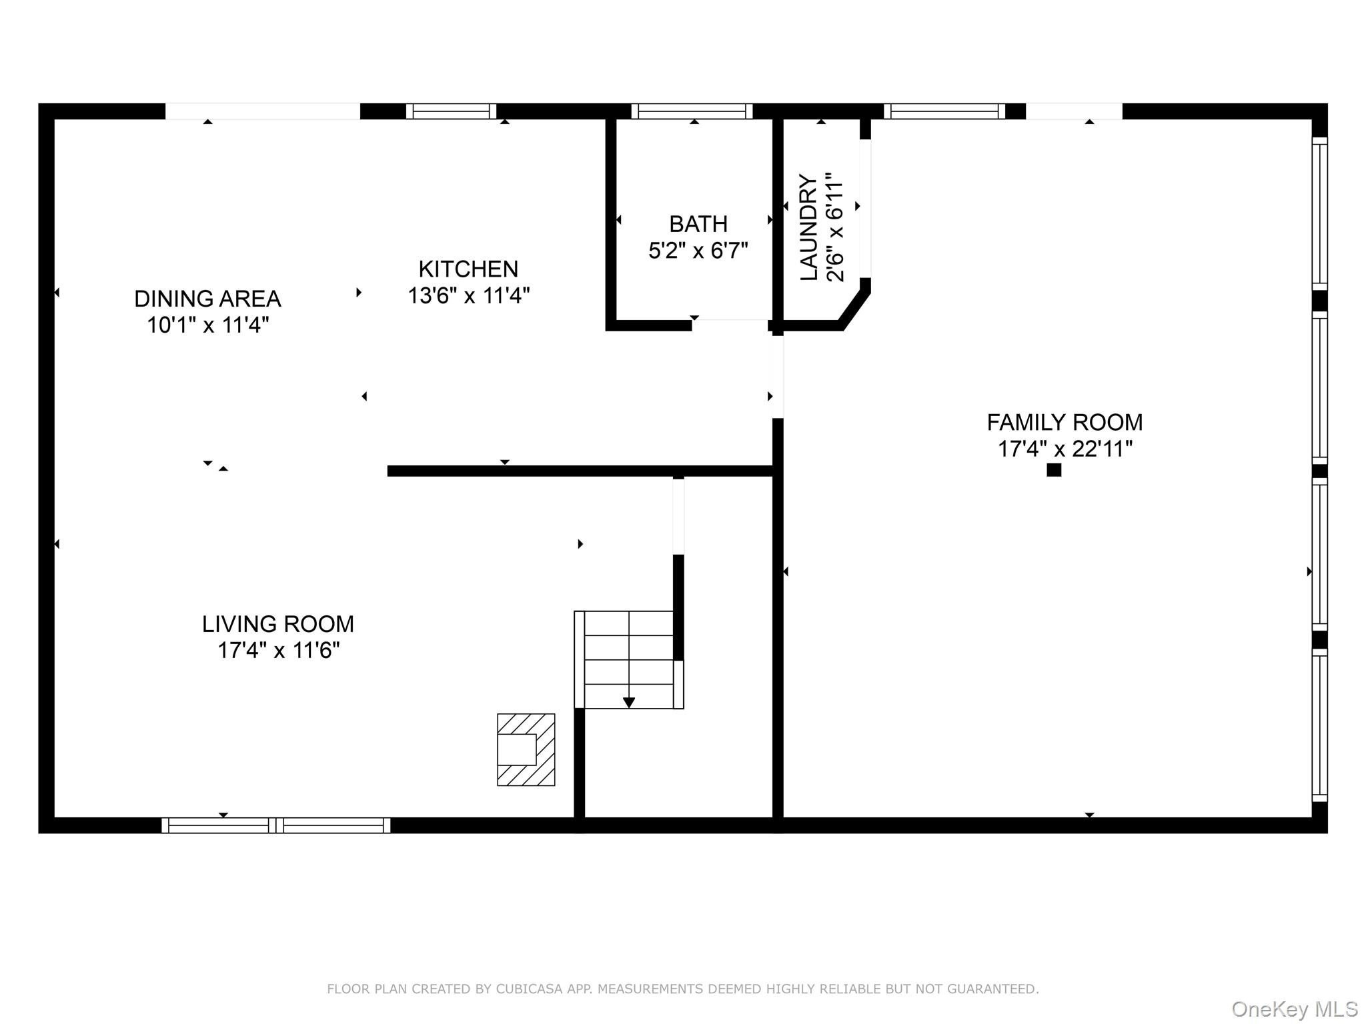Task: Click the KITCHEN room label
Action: pyautogui.click(x=468, y=269)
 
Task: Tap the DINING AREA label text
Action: pyautogui.click(x=207, y=299)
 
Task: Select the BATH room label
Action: pyautogui.click(x=698, y=224)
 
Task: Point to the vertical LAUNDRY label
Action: pyautogui.click(x=808, y=228)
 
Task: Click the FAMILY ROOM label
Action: pyautogui.click(x=1065, y=423)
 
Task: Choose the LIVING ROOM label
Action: pyautogui.click(x=278, y=624)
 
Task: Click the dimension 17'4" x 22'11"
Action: pyautogui.click(x=1065, y=449)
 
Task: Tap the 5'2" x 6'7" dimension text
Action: pyautogui.click(x=698, y=251)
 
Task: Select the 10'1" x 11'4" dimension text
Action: pyautogui.click(x=207, y=325)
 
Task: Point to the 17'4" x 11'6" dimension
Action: pyautogui.click(x=278, y=650)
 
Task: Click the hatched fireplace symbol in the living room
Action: pyautogui.click(x=526, y=749)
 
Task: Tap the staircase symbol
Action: pyautogui.click(x=629, y=659)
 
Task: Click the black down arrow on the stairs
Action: pyautogui.click(x=629, y=703)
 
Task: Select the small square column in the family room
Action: pyautogui.click(x=1054, y=470)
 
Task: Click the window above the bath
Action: pyautogui.click(x=692, y=111)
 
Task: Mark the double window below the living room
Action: pyautogui.click(x=276, y=825)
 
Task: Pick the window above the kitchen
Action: pyautogui.click(x=452, y=111)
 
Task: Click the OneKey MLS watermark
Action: pyautogui.click(x=1295, y=1009)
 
